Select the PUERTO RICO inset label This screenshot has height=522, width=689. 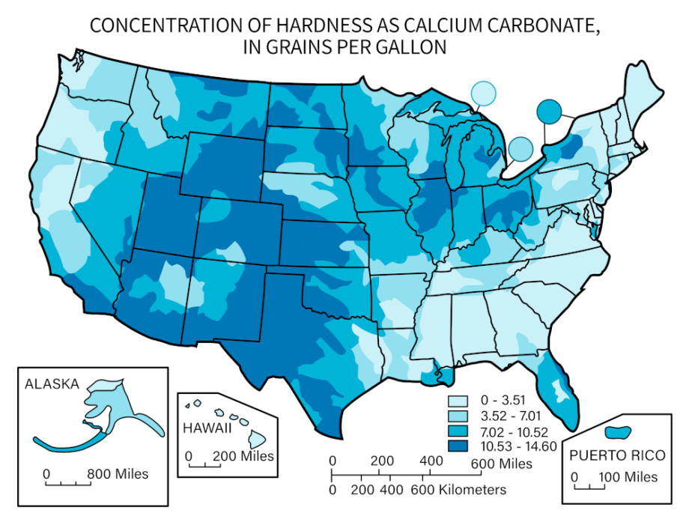click(617, 455)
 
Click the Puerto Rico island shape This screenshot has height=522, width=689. click(618, 433)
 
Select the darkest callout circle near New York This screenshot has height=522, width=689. click(549, 111)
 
